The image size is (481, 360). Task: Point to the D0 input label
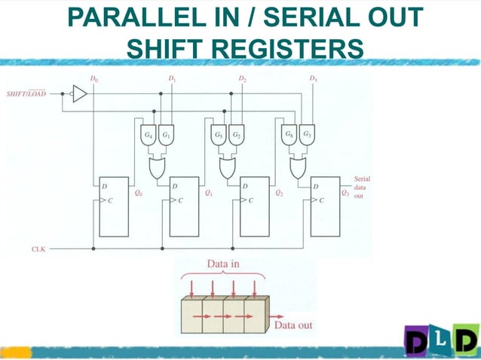pyautogui.click(x=93, y=78)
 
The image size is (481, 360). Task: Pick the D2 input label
pyautogui.click(x=242, y=78)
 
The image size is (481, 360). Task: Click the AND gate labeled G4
pyautogui.click(x=148, y=135)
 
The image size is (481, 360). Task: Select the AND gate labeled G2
pyautogui.click(x=236, y=135)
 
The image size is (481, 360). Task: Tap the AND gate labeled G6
pyautogui.click(x=288, y=135)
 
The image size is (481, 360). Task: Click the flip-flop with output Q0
pyautogui.click(x=114, y=207)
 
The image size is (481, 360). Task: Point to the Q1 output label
pyautogui.click(x=208, y=193)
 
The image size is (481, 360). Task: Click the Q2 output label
pyautogui.click(x=279, y=193)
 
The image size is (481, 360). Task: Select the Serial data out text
pyautogui.click(x=361, y=187)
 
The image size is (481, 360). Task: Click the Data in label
pyautogui.click(x=224, y=264)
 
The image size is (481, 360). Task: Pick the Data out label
pyautogui.click(x=293, y=325)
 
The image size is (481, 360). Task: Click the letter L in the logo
pyautogui.click(x=441, y=342)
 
